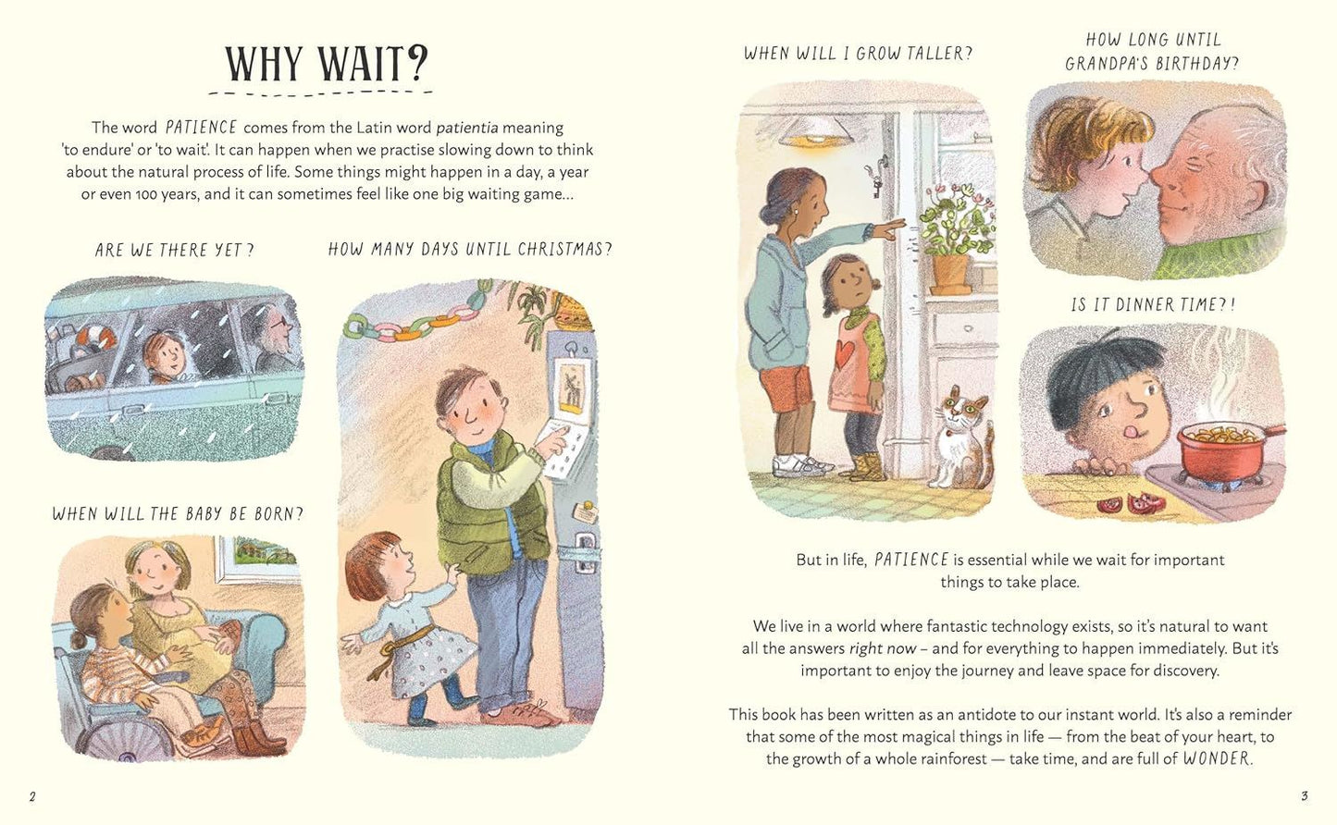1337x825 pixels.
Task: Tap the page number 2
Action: (32, 797)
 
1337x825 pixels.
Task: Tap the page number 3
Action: (1305, 795)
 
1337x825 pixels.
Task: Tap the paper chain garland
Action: (418, 318)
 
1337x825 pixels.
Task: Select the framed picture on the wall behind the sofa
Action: (258, 558)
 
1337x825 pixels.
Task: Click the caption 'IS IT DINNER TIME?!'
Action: (1153, 305)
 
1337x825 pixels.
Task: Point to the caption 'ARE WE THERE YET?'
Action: (174, 250)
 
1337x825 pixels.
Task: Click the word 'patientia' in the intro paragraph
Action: (466, 128)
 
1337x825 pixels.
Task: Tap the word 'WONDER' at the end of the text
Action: (1217, 758)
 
